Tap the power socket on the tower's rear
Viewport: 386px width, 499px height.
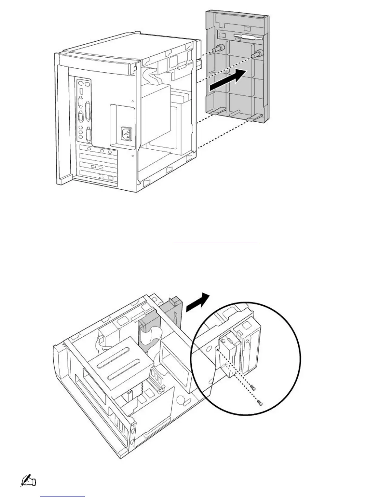[x=126, y=134]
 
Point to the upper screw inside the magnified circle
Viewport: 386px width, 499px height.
[x=252, y=387]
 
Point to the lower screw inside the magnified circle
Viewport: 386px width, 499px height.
[x=259, y=402]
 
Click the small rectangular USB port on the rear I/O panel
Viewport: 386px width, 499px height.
[x=81, y=91]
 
